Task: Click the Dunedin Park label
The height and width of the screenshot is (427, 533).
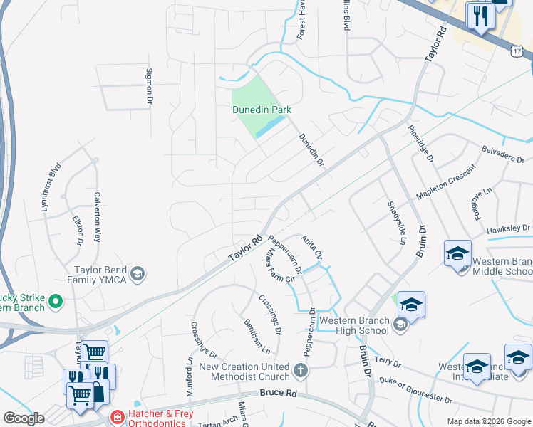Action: point(262,110)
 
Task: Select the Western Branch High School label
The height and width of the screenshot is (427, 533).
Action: point(354,325)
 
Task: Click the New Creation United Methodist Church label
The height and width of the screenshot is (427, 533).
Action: point(244,371)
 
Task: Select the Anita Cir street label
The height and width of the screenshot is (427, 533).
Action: point(312,247)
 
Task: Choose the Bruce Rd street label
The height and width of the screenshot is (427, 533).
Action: point(279,393)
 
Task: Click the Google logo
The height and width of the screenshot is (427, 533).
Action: point(23,418)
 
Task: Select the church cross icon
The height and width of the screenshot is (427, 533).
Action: point(301,370)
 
